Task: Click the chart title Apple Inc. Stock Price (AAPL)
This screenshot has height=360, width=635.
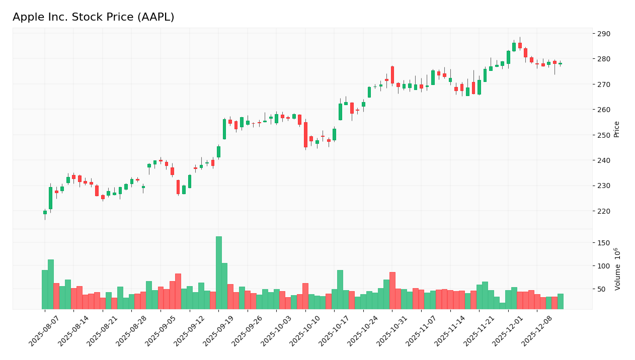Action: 94,18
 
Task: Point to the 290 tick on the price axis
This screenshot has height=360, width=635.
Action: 603,34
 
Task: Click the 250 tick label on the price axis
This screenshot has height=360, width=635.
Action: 603,135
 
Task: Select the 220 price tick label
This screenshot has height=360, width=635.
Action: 603,211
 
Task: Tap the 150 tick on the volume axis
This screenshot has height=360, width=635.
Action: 603,243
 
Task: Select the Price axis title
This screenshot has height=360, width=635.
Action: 617,129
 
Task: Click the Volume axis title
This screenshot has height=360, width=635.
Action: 617,269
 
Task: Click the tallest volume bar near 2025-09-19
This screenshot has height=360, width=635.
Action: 219,273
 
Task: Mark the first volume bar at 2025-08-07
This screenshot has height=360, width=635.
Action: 45,290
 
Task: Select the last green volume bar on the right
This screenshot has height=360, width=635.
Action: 561,301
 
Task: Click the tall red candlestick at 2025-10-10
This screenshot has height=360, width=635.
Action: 305,135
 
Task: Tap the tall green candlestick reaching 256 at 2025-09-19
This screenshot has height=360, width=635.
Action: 224,129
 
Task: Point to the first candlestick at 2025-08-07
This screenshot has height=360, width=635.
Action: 45,213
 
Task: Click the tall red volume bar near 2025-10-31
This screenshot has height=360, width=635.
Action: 392,291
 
